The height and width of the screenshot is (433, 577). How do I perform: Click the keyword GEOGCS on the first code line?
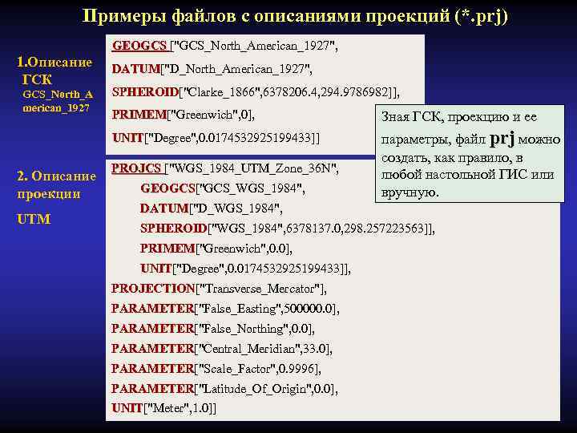pos(139,47)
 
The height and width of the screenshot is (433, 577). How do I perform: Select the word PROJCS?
pos(135,168)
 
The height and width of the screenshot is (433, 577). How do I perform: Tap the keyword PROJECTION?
pos(152,289)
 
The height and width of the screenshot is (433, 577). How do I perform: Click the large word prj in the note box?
pos(502,138)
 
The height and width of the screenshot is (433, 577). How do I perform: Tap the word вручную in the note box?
pos(410,192)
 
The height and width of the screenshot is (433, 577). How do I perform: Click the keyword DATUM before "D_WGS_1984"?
pos(163,208)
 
